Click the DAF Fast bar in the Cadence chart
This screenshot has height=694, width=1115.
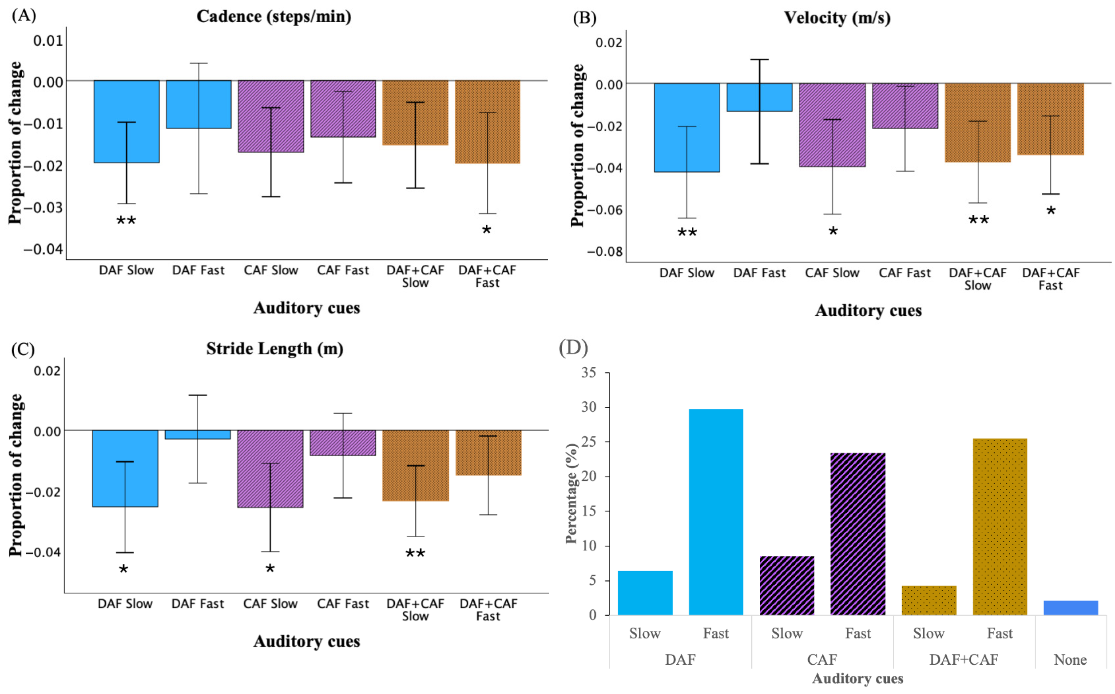point(198,104)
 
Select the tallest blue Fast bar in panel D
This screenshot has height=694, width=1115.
point(716,512)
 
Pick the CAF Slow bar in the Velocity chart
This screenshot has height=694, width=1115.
point(832,125)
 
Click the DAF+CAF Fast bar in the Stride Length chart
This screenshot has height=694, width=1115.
point(488,452)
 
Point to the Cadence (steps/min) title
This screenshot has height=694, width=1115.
point(274,16)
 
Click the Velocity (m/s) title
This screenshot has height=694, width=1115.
point(837,18)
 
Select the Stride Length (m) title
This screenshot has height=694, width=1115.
point(274,349)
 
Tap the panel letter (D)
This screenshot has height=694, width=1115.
point(573,348)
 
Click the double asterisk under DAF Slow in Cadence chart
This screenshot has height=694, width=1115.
point(126,221)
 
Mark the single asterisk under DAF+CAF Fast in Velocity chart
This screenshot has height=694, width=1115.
point(1051,212)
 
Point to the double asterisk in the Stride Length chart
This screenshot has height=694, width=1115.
point(415,554)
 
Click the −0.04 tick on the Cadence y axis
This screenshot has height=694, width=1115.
point(43,249)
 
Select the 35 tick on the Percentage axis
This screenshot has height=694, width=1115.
point(588,372)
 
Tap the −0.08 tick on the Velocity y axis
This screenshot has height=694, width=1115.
point(605,251)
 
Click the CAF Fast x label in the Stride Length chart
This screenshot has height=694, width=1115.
point(343,603)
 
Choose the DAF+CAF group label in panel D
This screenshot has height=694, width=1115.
point(964,659)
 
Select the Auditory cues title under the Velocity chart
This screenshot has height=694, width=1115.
point(868,311)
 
